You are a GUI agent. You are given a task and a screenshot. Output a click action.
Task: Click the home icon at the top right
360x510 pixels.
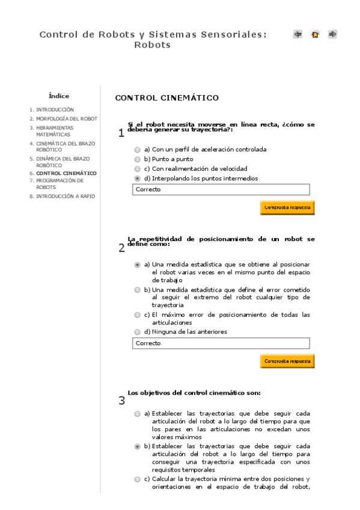[315, 34]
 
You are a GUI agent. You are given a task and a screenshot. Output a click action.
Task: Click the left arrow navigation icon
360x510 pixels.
[297, 34]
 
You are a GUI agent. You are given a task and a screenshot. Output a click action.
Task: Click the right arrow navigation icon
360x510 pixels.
[332, 34]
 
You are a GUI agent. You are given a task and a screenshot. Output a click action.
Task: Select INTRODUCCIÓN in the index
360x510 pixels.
[55, 110]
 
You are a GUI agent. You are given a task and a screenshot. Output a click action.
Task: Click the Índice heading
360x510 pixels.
[59, 96]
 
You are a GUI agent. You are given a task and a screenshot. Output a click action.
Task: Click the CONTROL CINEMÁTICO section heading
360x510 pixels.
[166, 97]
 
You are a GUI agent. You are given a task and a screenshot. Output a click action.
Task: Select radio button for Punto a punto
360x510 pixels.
[138, 159]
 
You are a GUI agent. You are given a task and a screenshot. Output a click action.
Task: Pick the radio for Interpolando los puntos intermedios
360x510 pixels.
[138, 179]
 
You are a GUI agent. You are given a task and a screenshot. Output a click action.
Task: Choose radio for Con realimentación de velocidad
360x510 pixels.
[138, 169]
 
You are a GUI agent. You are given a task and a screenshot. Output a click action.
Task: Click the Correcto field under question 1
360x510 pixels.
[221, 189]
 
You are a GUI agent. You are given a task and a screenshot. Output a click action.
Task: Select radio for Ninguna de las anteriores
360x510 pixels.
[138, 332]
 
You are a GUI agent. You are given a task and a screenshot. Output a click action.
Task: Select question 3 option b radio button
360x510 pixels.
[138, 447]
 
